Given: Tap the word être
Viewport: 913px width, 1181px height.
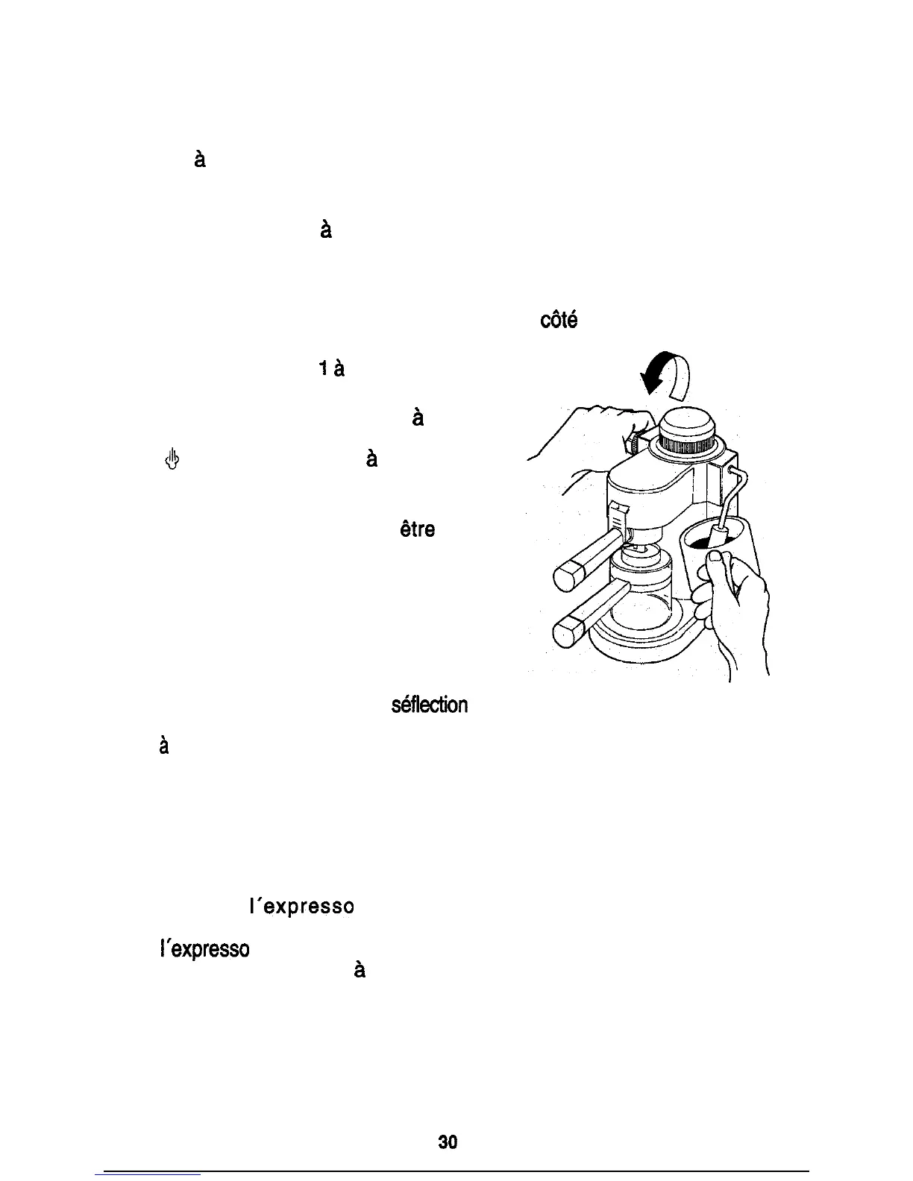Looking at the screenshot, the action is point(416,529).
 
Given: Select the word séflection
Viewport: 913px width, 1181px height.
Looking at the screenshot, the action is point(430,705).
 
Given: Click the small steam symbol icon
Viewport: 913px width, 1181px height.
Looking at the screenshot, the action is point(171,459).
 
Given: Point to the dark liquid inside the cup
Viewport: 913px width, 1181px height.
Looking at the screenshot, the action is point(701,541).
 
